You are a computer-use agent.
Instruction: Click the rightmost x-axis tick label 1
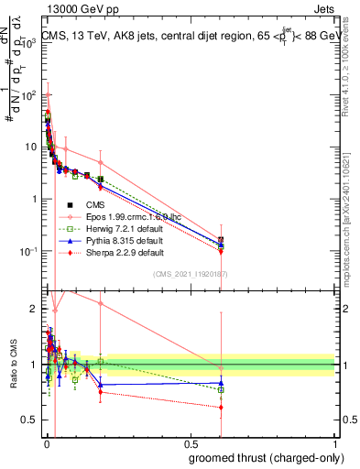334,443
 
